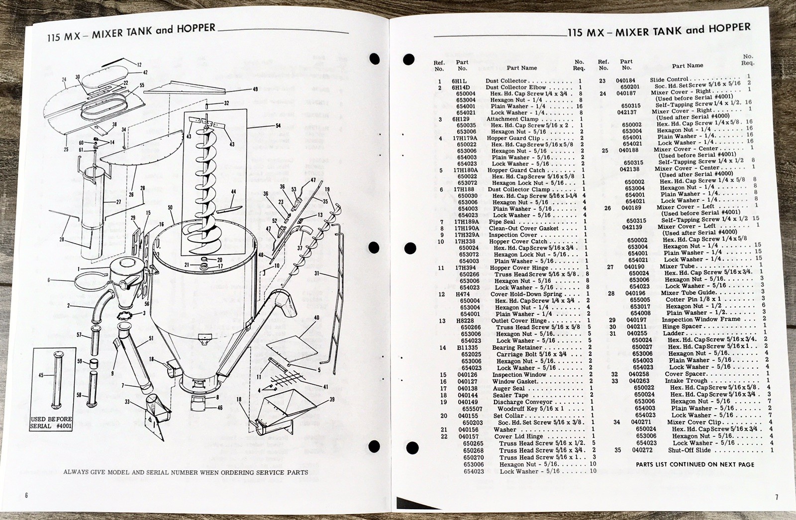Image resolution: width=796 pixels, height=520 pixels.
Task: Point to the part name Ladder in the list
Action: point(674,333)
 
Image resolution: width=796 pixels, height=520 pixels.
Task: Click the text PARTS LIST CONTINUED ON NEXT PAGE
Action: point(695,464)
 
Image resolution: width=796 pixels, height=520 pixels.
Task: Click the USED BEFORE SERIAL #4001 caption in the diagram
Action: point(51,423)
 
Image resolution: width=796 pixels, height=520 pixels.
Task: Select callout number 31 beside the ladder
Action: point(317,273)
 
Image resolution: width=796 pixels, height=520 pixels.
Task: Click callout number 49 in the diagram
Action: point(255,89)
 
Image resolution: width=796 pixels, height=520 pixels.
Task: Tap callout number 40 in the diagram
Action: point(316,318)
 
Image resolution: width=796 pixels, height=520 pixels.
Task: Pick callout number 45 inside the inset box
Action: point(41,375)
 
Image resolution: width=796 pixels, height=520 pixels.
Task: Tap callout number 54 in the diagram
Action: point(278,126)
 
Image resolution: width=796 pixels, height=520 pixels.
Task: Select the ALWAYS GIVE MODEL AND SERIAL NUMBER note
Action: point(186,472)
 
